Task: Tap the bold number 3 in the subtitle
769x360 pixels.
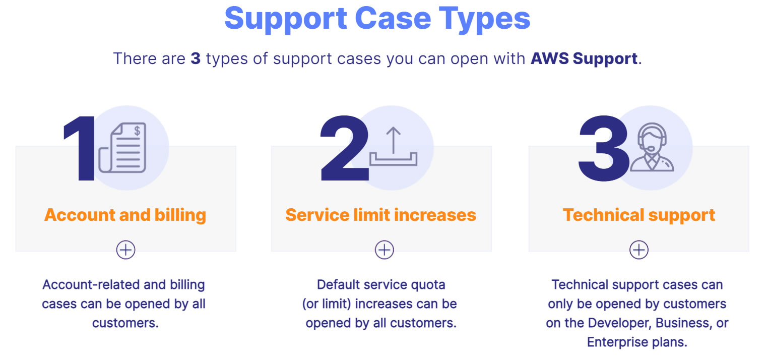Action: click(x=196, y=58)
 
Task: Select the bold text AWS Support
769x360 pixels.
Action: click(x=584, y=58)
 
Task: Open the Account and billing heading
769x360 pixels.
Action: click(x=125, y=215)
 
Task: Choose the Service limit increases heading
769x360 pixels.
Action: click(x=380, y=215)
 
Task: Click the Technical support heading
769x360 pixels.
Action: click(x=638, y=215)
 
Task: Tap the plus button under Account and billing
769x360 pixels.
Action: click(x=125, y=250)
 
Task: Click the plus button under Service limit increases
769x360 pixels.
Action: click(x=384, y=250)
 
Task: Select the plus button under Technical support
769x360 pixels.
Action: click(x=638, y=250)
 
